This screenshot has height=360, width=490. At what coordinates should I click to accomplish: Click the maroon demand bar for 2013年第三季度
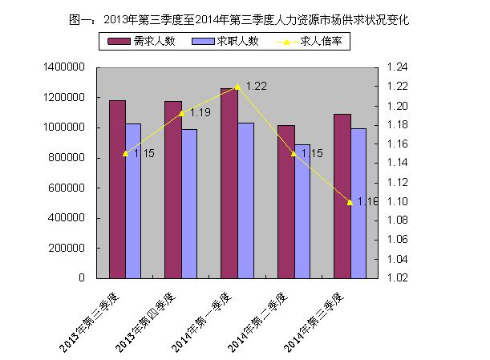(x=117, y=189)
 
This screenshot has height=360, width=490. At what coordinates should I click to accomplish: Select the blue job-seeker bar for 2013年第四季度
(x=189, y=204)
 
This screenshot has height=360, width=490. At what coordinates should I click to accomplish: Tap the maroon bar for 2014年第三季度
(x=342, y=196)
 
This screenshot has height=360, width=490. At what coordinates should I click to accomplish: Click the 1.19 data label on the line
(x=200, y=113)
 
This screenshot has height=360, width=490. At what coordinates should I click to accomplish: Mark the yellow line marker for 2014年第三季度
(x=350, y=202)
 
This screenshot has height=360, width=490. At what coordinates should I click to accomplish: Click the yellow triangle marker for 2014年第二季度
(x=294, y=153)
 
